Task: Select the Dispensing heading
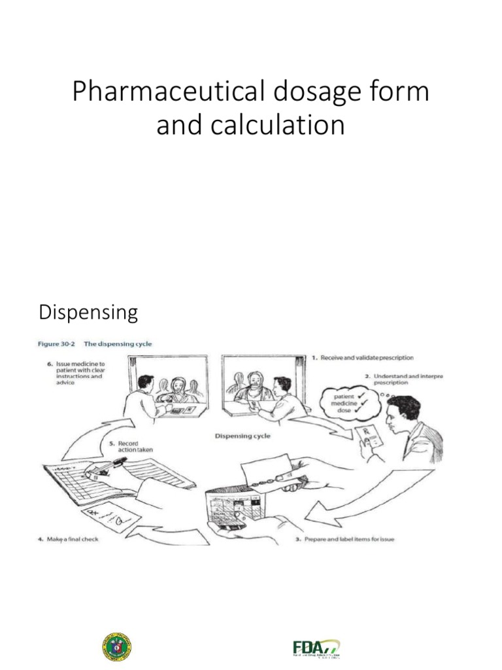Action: coord(88,313)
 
